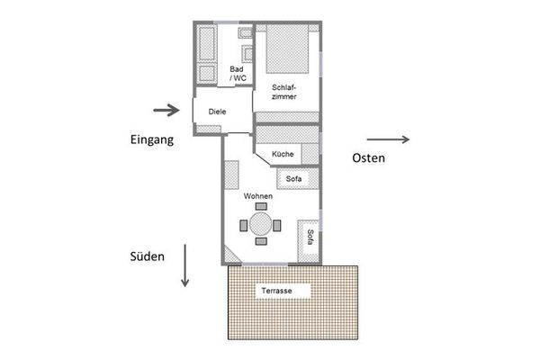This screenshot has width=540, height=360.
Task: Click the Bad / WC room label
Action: click(x=238, y=74)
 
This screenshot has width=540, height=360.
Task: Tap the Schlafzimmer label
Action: click(x=284, y=92)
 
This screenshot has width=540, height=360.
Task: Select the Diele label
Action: click(x=217, y=112)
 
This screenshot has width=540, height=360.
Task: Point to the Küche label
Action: click(x=283, y=154)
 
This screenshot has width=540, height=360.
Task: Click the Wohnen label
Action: click(x=258, y=196)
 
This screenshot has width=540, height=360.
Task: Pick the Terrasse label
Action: click(x=276, y=291)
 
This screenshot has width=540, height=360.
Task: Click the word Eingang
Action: click(x=152, y=139)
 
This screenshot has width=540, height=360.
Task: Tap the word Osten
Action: click(x=368, y=157)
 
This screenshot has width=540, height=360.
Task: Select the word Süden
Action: click(x=147, y=256)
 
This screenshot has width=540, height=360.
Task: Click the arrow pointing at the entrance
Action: click(x=166, y=110)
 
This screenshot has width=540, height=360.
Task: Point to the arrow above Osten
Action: click(x=388, y=139)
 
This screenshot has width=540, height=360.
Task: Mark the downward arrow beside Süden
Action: click(x=184, y=265)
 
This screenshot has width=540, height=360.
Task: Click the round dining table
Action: click(x=261, y=224)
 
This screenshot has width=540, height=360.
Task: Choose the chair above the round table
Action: click(x=261, y=206)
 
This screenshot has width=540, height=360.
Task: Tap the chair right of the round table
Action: click(x=277, y=226)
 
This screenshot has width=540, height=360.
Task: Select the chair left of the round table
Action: click(x=244, y=226)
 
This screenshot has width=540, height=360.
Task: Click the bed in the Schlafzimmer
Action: click(x=287, y=49)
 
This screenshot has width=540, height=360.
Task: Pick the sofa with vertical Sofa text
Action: click(x=309, y=241)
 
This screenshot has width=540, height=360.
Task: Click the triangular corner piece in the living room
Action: click(x=230, y=256)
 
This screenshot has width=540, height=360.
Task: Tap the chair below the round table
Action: click(x=261, y=241)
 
